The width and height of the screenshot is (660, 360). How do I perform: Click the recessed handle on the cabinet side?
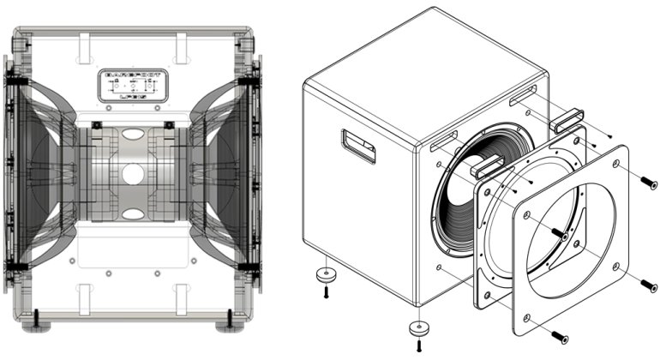[357, 146]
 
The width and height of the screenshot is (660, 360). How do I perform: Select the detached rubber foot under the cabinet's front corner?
[417, 327]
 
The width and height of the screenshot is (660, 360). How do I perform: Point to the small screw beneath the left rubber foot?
[326, 293]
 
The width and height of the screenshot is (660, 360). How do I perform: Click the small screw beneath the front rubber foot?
[418, 345]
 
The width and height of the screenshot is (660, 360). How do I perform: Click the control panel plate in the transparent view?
[132, 86]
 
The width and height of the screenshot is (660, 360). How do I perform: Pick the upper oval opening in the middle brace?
[132, 135]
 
